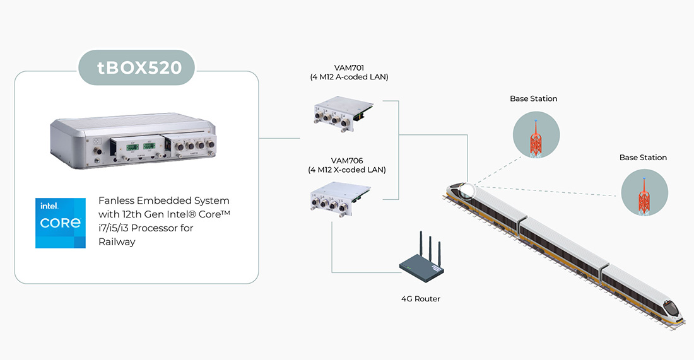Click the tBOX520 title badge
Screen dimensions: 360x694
coord(136,66)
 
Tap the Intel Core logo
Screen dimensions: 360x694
coord(61,223)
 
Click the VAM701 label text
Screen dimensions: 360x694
coord(348,67)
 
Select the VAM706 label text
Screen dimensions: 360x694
coord(347,160)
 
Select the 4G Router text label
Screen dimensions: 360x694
coord(420,299)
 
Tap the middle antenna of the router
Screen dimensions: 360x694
coord(430,247)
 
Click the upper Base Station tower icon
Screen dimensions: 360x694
coord(534,137)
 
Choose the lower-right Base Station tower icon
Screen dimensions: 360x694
coord(643,194)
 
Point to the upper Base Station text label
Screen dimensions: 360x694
coord(534,99)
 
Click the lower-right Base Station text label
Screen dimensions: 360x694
coord(643,158)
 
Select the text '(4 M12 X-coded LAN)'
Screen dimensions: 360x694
coord(347,170)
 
